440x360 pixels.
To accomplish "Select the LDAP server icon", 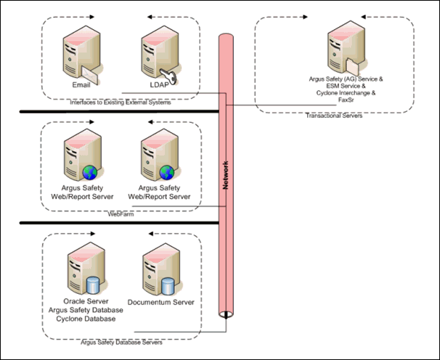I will (156, 53).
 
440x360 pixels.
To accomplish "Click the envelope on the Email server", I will (90, 71).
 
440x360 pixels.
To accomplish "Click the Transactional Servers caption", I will (334, 115).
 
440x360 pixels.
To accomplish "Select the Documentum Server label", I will (161, 302).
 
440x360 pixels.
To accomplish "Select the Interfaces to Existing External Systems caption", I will (120, 103).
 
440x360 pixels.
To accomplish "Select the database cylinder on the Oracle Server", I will (91, 286).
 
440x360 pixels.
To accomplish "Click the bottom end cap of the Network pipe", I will (227, 314).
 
